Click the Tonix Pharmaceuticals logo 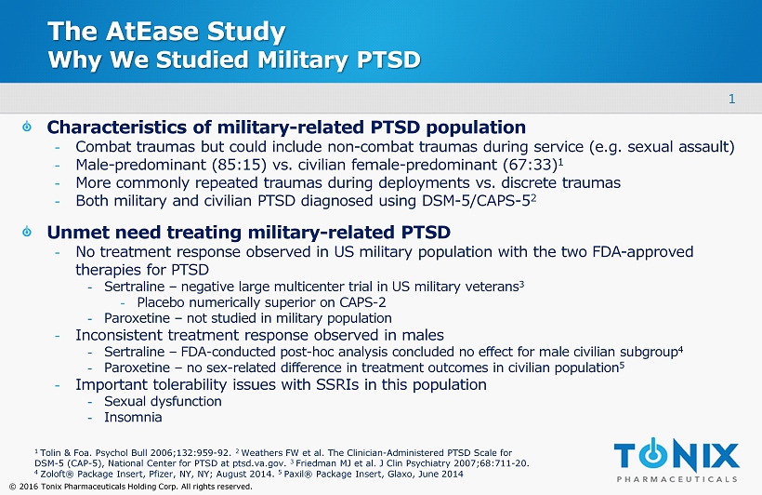(x=677, y=461)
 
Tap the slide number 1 (x=732, y=100)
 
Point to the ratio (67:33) (x=531, y=165)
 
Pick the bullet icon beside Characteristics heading (x=27, y=127)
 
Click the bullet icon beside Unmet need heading (x=27, y=231)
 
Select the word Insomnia (x=133, y=417)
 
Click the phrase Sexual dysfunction (x=163, y=402)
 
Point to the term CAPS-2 (x=362, y=302)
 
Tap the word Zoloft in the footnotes (x=52, y=475)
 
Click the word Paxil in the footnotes (x=295, y=475)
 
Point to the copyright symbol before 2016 (x=13, y=487)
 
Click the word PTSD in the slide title (x=388, y=60)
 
